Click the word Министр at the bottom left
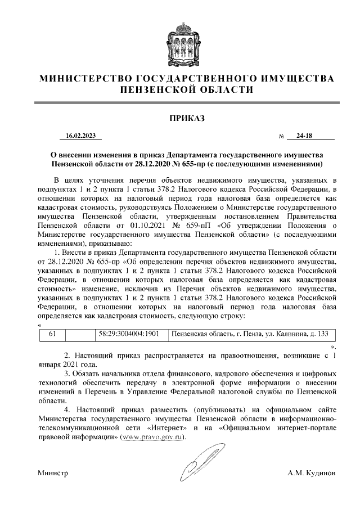[x=53, y=474]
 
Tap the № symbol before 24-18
[x=281, y=137]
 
